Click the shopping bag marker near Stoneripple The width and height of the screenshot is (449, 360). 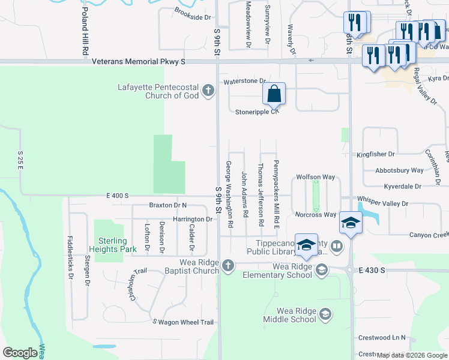tap(274, 94)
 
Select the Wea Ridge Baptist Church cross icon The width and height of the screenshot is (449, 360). tap(228, 265)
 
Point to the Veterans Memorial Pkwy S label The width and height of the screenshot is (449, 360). tap(138, 61)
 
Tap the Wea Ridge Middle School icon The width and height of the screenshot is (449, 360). tap(325, 314)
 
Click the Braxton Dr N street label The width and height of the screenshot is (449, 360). tap(168, 205)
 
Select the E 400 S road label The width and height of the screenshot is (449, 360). tap(117, 196)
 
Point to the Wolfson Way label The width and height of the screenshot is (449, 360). tap(315, 178)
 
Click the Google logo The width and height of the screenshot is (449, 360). tap(20, 353)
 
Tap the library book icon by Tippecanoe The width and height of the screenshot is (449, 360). tap(337, 246)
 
